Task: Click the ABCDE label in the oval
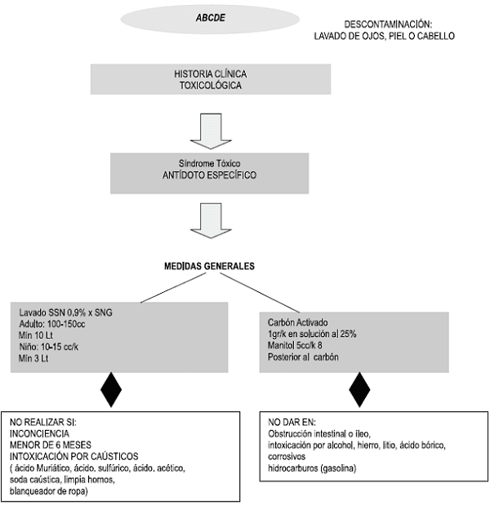211,18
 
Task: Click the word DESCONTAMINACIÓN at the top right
388,24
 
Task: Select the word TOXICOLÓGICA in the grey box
211,86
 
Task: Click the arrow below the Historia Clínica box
211,131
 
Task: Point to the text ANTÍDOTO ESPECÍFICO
210,175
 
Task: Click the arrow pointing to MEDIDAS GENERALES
211,220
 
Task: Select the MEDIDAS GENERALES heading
210,266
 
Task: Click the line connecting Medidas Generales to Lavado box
173,288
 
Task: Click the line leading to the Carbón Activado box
260,293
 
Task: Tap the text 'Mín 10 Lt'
36,335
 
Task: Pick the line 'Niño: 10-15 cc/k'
48,347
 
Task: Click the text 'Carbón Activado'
297,322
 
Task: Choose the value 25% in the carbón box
348,334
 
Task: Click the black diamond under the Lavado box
111,390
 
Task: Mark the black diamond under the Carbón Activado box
360,390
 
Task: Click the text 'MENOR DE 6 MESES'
51,445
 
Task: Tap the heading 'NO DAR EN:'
292,422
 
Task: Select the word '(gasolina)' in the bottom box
338,468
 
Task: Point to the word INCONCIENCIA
39,433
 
